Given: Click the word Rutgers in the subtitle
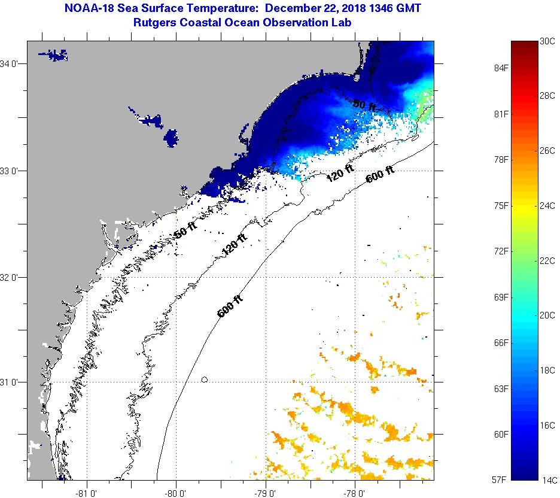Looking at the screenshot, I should point(156,22).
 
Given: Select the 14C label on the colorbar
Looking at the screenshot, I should point(547,479).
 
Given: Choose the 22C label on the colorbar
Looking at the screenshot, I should point(547,261).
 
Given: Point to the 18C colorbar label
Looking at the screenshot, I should point(547,370).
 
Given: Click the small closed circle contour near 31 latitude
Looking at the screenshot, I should point(205,379).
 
